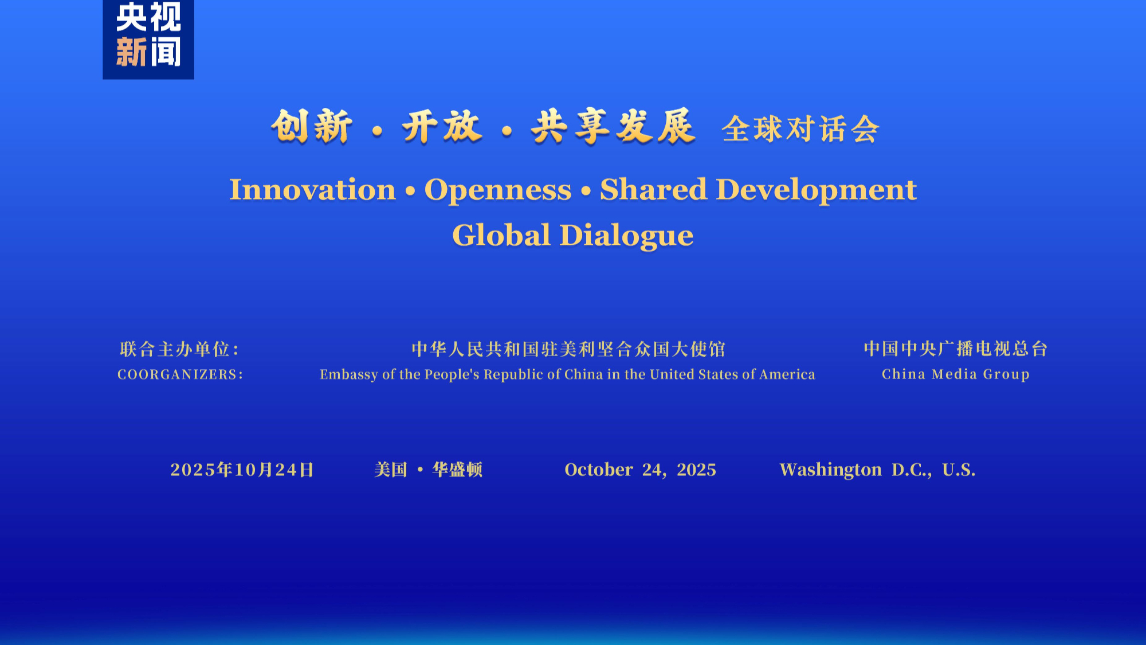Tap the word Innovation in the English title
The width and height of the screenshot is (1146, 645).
tap(313, 190)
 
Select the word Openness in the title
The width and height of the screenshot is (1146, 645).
tap(498, 190)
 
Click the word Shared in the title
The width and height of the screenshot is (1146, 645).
tap(654, 189)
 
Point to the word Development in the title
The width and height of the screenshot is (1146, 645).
tap(817, 190)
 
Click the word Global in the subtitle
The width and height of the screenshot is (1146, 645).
tap(501, 235)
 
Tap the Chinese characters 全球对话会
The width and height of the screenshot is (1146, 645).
tap(800, 128)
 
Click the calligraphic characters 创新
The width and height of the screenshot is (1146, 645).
tap(312, 126)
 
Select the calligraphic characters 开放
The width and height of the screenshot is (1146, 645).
tap(442, 126)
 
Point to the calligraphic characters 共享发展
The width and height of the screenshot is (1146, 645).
tap(613, 126)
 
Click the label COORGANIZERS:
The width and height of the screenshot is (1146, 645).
tap(180, 374)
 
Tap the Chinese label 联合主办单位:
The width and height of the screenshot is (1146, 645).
tap(179, 349)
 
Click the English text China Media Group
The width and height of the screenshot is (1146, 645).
tap(956, 374)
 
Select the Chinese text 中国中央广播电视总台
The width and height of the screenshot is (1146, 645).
tap(956, 349)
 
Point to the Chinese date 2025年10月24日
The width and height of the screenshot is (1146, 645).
tap(242, 470)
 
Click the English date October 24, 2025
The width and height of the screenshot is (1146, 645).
tap(641, 470)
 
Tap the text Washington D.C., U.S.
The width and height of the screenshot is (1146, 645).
tap(877, 470)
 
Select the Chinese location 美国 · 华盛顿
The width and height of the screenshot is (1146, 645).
tap(429, 470)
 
